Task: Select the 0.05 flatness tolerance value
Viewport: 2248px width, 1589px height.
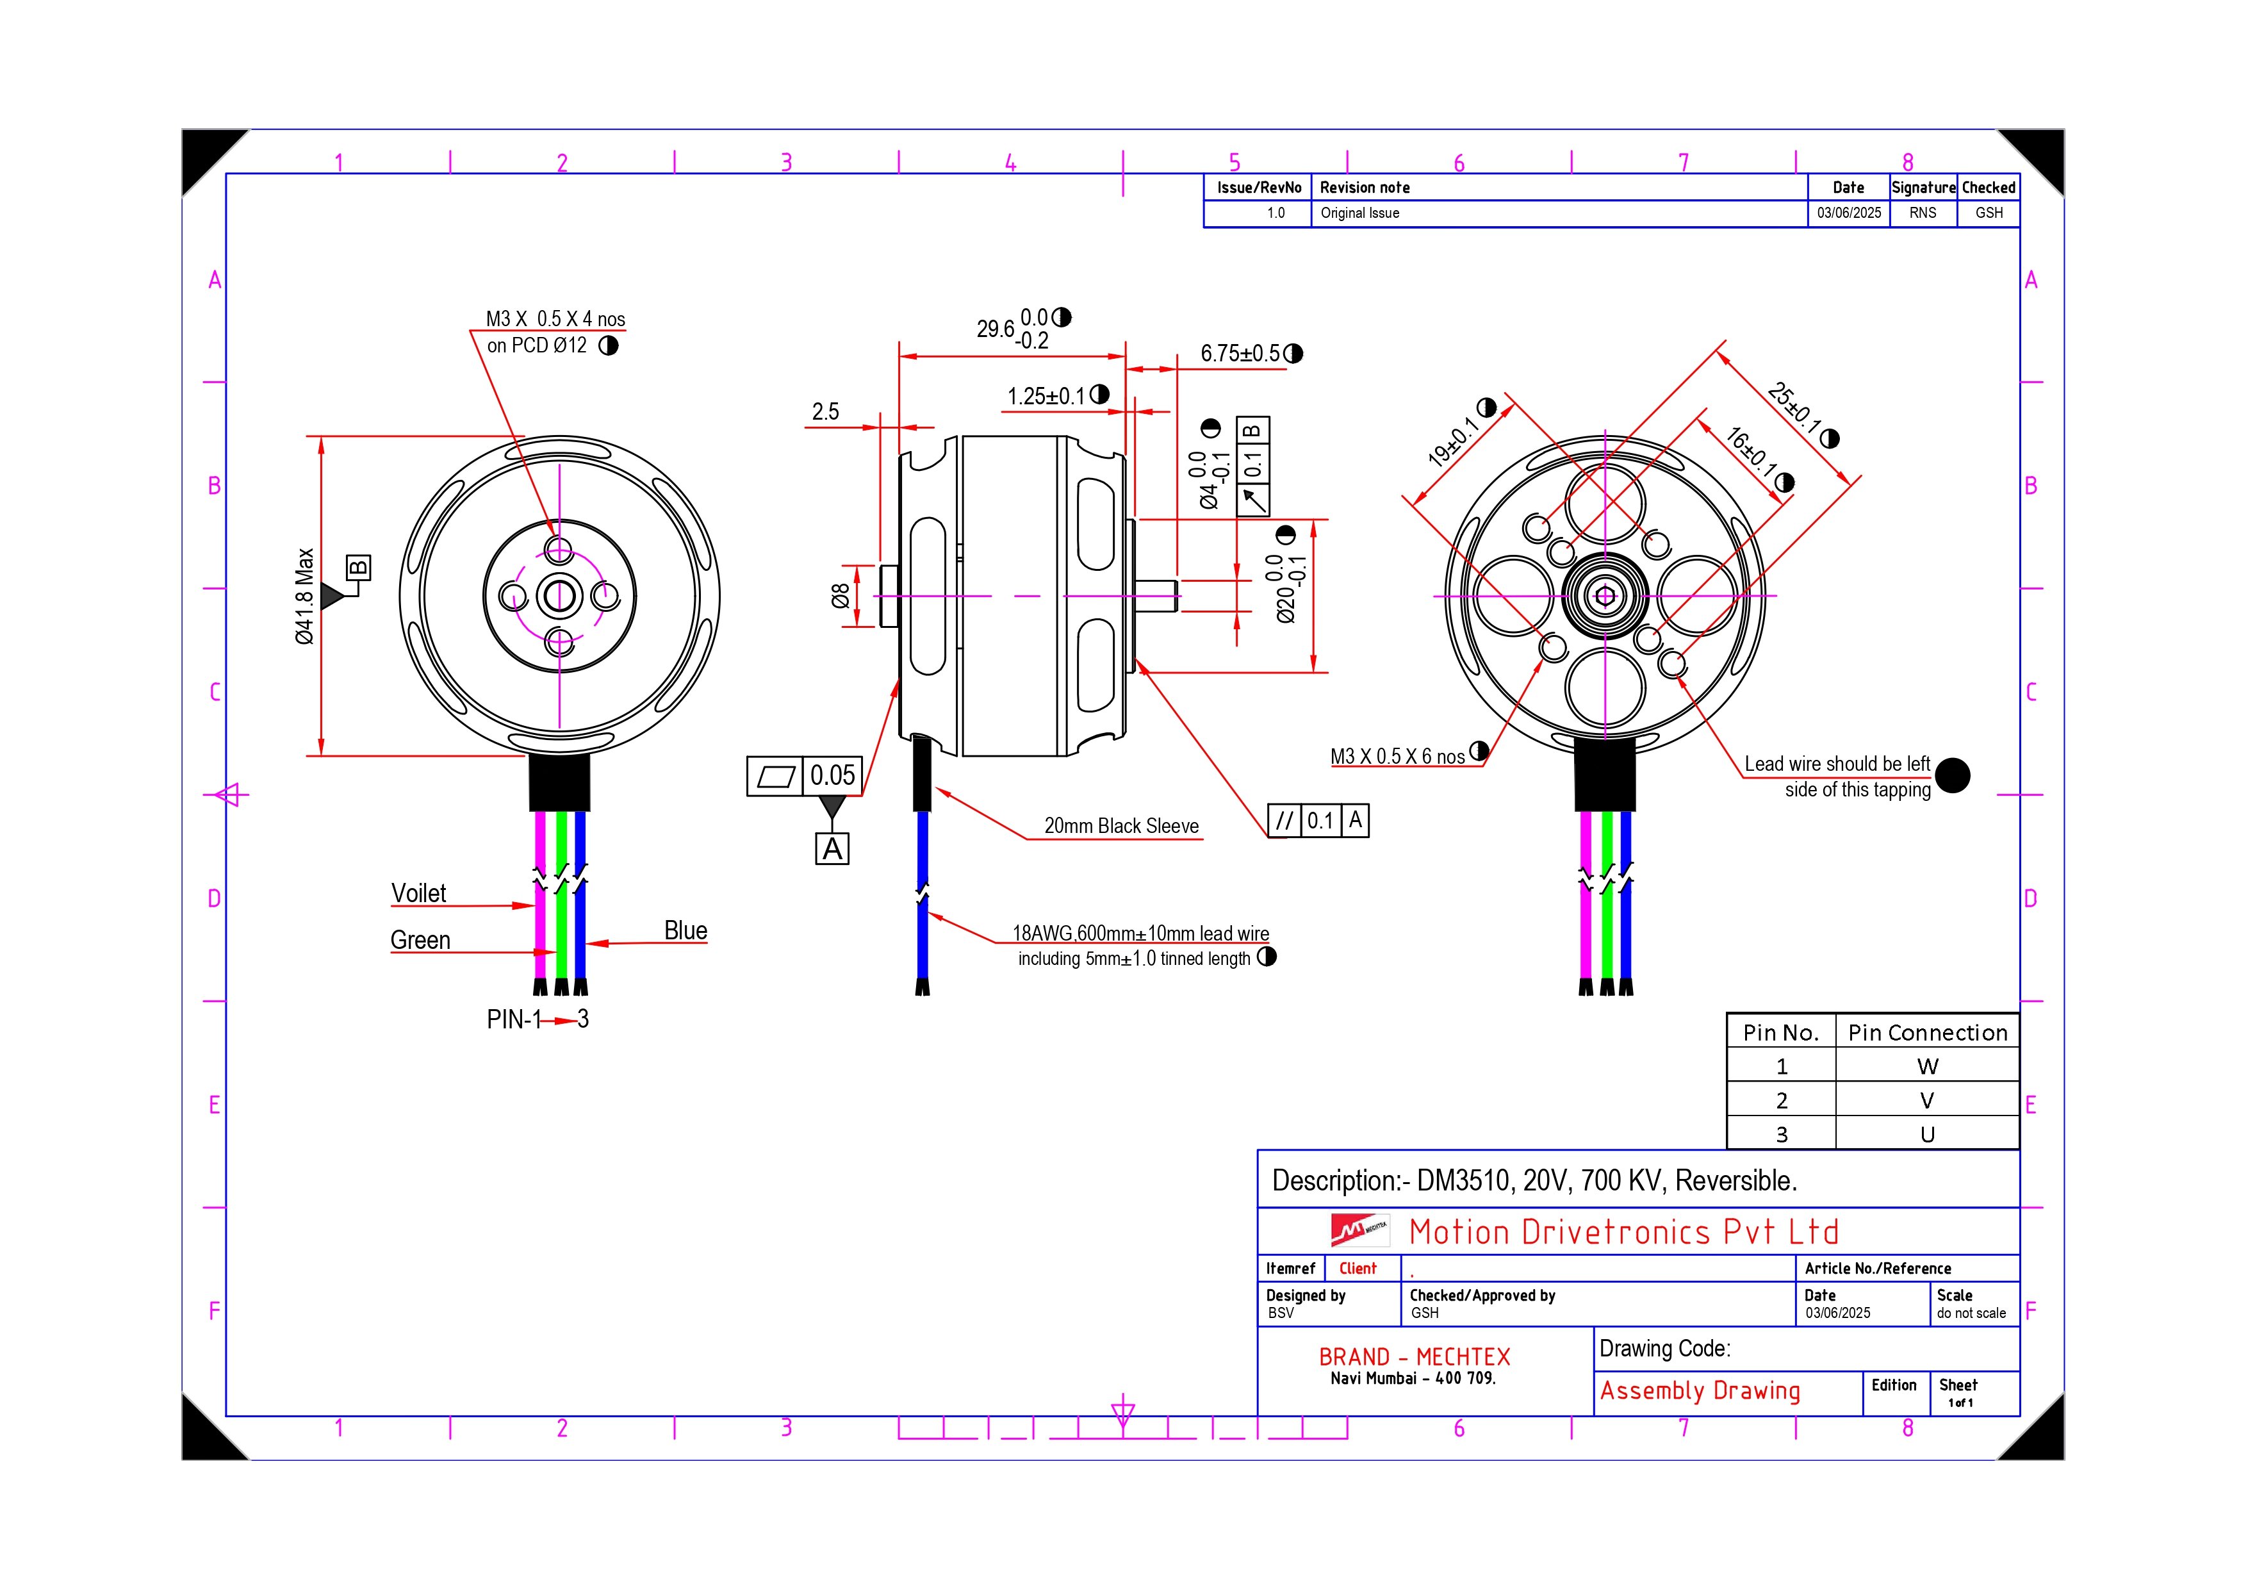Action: point(832,775)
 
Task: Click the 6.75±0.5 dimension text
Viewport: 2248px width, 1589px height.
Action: point(1240,354)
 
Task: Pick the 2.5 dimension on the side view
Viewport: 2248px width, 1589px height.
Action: point(825,411)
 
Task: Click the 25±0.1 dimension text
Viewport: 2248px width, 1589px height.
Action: point(1794,409)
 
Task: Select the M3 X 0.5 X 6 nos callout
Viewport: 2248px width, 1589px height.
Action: point(1397,756)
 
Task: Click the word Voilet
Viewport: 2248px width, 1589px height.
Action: point(418,893)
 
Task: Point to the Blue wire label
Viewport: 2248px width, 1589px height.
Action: point(685,930)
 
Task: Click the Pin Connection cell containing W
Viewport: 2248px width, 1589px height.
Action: point(1927,1066)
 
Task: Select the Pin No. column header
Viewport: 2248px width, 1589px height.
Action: point(1780,1032)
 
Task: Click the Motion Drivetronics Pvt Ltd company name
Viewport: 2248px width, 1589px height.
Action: point(1623,1231)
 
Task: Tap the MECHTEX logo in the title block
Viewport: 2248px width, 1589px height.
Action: point(1359,1230)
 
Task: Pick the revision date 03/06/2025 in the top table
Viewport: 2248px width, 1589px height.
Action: point(1848,213)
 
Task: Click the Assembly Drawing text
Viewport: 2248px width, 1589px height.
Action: point(1700,1390)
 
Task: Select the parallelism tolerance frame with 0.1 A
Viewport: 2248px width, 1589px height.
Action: point(1318,820)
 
